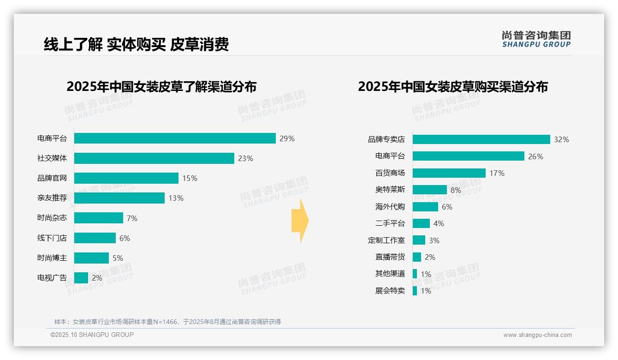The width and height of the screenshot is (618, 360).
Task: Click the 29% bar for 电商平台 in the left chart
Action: pyautogui.click(x=175, y=138)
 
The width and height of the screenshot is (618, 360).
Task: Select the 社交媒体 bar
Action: pyautogui.click(x=154, y=158)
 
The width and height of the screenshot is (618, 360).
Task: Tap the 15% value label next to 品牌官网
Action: pyautogui.click(x=190, y=178)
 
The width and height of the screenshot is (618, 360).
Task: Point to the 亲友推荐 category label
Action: pyautogui.click(x=52, y=198)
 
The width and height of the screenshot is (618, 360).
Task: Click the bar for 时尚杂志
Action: pyautogui.click(x=99, y=218)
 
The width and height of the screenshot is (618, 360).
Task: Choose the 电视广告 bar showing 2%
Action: pyautogui.click(x=81, y=278)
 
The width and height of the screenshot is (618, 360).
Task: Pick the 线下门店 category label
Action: pyautogui.click(x=52, y=238)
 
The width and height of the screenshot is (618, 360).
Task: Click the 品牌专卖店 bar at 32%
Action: pyautogui.click(x=481, y=139)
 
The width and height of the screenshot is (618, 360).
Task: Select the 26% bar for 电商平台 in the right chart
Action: pyautogui.click(x=468, y=156)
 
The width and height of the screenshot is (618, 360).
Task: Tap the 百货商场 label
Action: pyautogui.click(x=390, y=173)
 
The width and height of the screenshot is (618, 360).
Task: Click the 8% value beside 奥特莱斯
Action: pyautogui.click(x=456, y=190)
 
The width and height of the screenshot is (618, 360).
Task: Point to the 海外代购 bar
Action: pyautogui.click(x=425, y=207)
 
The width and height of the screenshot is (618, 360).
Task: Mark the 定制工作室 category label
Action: pyautogui.click(x=386, y=240)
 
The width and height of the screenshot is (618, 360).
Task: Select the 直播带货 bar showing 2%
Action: pyautogui.click(x=417, y=257)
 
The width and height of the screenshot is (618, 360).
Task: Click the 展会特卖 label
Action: pyautogui.click(x=390, y=291)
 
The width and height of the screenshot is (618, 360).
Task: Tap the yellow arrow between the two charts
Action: pyautogui.click(x=300, y=221)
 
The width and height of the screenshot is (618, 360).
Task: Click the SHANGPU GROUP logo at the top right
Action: pyautogui.click(x=536, y=39)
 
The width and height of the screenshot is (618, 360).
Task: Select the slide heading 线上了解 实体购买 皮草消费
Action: pyautogui.click(x=136, y=44)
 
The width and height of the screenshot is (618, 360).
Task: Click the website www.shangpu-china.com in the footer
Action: pyautogui.click(x=537, y=335)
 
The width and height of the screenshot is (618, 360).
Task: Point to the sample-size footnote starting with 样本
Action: pyautogui.click(x=167, y=322)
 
